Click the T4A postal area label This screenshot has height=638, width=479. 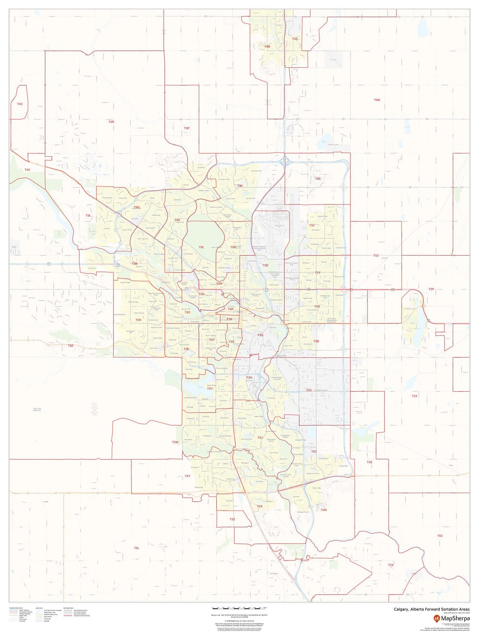tap(295, 39)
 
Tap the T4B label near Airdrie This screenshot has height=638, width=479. tap(267, 47)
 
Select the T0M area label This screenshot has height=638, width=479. tap(377, 100)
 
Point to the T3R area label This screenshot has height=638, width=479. tap(111, 122)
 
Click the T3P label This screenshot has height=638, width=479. tap(187, 128)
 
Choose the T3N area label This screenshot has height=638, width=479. tap(317, 179)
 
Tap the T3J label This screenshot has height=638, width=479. tap(311, 225)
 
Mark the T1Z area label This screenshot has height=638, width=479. tap(376, 255)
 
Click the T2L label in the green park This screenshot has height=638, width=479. tap(201, 247)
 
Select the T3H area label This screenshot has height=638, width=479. tap(138, 320)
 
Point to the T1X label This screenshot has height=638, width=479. tap(414, 396)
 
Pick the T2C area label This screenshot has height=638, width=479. tap(309, 390)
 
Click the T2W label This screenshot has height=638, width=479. tap(175, 442)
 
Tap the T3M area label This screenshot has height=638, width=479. tap(323, 510)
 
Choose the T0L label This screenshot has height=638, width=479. tap(137, 548)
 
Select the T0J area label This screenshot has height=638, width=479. tap(439, 536)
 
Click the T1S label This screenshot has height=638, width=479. tap(390, 565)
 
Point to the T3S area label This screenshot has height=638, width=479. tap(369, 462)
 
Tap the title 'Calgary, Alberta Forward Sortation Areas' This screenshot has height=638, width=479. tap(431, 609)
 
